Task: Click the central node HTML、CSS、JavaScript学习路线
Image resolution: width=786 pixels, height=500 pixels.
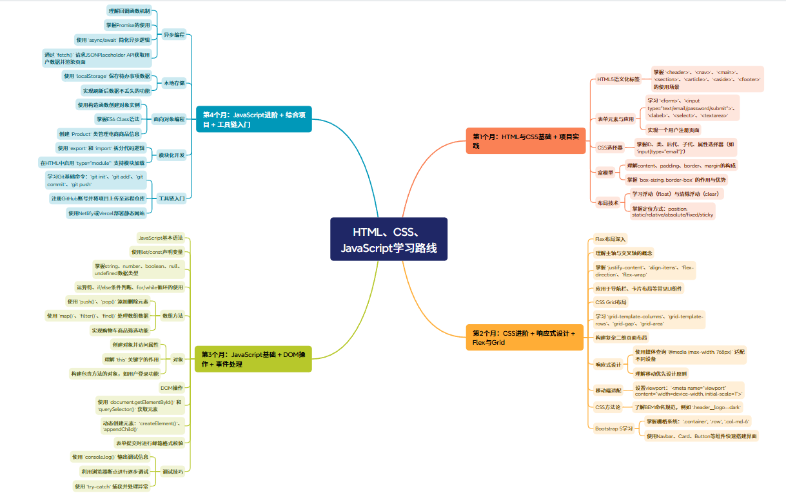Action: [389, 239]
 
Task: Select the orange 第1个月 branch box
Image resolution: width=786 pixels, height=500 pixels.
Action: [526, 141]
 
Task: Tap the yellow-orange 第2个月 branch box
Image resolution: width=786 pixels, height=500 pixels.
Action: [526, 338]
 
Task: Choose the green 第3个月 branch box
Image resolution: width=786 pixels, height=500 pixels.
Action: [253, 359]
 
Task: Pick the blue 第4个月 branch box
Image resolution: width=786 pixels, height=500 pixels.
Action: [253, 119]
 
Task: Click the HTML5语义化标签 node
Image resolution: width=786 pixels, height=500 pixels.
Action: [618, 79]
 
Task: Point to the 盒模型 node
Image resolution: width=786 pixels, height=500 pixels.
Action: [605, 172]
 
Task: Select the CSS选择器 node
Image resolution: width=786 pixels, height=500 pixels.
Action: [610, 148]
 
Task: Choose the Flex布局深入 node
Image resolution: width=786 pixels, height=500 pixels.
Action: [610, 239]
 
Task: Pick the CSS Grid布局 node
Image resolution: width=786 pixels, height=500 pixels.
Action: [611, 302]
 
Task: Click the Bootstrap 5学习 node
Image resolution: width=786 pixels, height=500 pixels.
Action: [613, 428]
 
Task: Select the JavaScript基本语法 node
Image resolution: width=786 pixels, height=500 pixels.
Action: [161, 238]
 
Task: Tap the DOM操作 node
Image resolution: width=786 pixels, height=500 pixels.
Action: [172, 388]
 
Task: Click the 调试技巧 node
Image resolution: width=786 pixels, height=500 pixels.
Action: [172, 472]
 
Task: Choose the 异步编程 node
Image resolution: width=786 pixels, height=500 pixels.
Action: [174, 34]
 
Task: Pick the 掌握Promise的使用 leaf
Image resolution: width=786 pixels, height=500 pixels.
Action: [128, 25]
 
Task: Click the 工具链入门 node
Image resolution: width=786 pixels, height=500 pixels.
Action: [172, 198]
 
